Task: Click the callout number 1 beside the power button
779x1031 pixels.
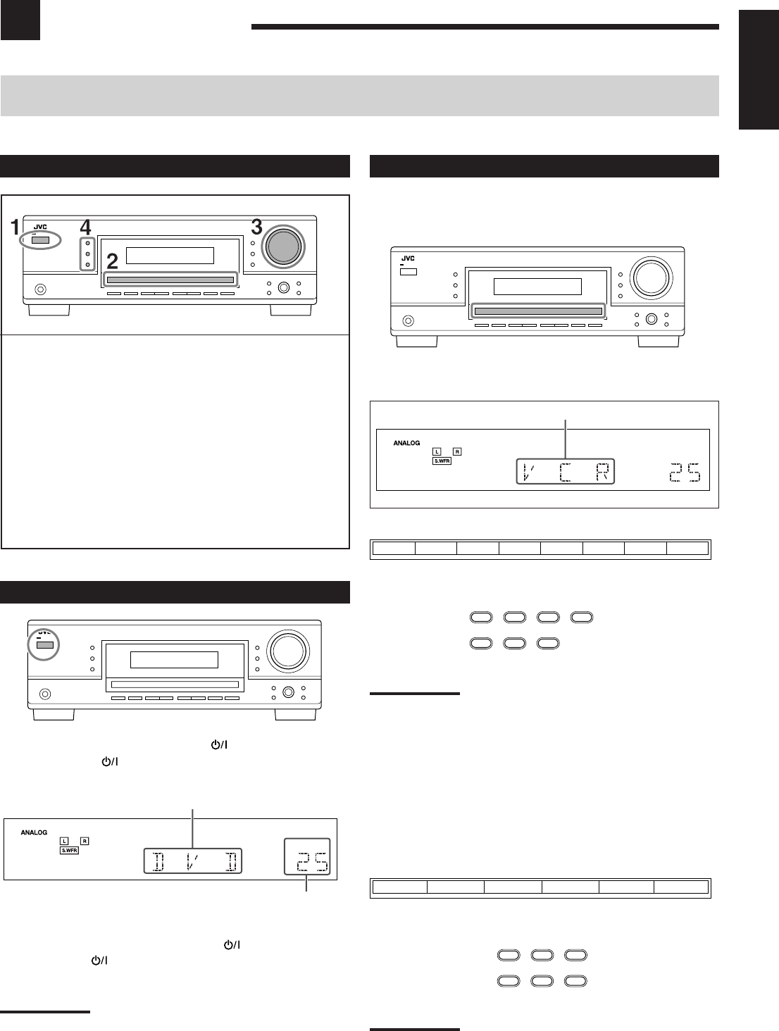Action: [x=15, y=227]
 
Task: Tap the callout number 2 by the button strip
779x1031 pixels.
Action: [x=113, y=262]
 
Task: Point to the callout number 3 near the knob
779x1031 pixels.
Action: [x=257, y=227]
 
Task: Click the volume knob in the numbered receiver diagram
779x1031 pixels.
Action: [x=282, y=246]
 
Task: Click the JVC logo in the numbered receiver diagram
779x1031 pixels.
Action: [x=40, y=227]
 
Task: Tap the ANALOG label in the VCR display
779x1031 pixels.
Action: [x=406, y=443]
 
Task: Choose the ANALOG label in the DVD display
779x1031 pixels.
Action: [x=34, y=832]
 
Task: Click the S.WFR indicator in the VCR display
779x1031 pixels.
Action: [x=442, y=461]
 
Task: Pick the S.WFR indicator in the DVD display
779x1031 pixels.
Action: [x=69, y=850]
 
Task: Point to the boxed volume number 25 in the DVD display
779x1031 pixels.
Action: [x=307, y=857]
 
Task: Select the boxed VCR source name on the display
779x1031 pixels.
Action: [x=566, y=471]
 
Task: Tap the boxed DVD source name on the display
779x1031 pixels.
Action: [x=193, y=861]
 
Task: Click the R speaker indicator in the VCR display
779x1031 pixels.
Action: [x=457, y=451]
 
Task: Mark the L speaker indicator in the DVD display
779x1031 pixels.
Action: [x=64, y=841]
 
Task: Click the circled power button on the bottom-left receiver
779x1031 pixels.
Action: [x=45, y=645]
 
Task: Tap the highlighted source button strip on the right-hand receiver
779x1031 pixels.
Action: [x=538, y=311]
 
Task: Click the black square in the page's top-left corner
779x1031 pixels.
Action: [x=20, y=20]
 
